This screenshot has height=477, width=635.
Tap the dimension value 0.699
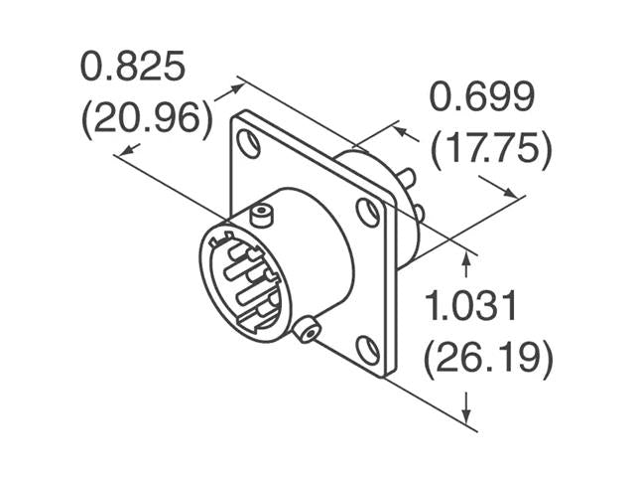[481, 97]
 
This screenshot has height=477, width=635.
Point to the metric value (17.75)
[490, 149]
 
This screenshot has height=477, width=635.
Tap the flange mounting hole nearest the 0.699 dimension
[368, 212]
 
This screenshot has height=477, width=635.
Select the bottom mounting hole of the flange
[367, 349]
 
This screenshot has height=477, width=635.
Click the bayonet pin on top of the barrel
[261, 212]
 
